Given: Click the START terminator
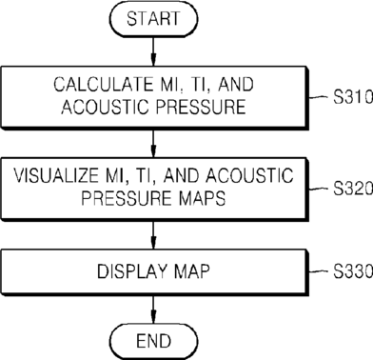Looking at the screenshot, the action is (x=153, y=19).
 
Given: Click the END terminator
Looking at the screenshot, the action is (x=154, y=341).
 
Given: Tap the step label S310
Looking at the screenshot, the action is (x=353, y=97).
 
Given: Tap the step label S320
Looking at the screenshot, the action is (x=353, y=189).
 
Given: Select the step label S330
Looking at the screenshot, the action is (x=353, y=271).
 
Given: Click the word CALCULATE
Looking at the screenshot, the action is (x=103, y=85).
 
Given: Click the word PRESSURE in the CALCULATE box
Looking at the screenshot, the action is (x=201, y=106).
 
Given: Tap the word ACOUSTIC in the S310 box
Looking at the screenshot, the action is (x=105, y=106).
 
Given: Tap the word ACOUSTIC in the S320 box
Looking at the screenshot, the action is (x=249, y=175).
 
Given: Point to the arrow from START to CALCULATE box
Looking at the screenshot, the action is (x=153, y=51).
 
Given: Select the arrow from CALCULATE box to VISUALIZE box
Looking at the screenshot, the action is (x=153, y=144).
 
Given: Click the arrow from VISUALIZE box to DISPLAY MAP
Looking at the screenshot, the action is (x=153, y=235).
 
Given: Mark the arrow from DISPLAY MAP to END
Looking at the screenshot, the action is (x=153, y=310).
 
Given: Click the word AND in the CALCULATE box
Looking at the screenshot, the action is (x=236, y=85).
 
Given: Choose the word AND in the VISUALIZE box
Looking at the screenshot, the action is (x=181, y=175).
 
